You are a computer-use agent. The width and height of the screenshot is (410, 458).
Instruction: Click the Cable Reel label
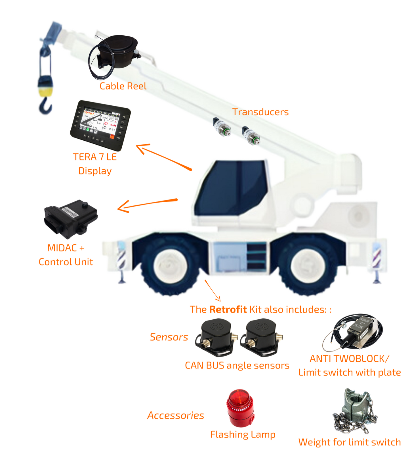(x=123, y=86)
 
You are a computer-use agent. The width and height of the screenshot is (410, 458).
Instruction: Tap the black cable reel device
(x=116, y=53)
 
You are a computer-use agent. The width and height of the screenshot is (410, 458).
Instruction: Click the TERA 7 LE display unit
(x=100, y=125)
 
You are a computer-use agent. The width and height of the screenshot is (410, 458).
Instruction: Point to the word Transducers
(x=260, y=112)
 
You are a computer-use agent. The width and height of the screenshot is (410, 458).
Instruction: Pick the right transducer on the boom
(x=251, y=136)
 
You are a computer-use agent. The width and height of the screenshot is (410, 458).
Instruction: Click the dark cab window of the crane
(x=231, y=188)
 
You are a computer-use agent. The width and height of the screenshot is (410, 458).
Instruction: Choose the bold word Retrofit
(x=228, y=309)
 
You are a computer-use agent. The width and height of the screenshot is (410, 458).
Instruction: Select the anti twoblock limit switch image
(x=353, y=332)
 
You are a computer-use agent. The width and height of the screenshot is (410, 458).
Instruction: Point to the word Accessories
(x=176, y=415)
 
